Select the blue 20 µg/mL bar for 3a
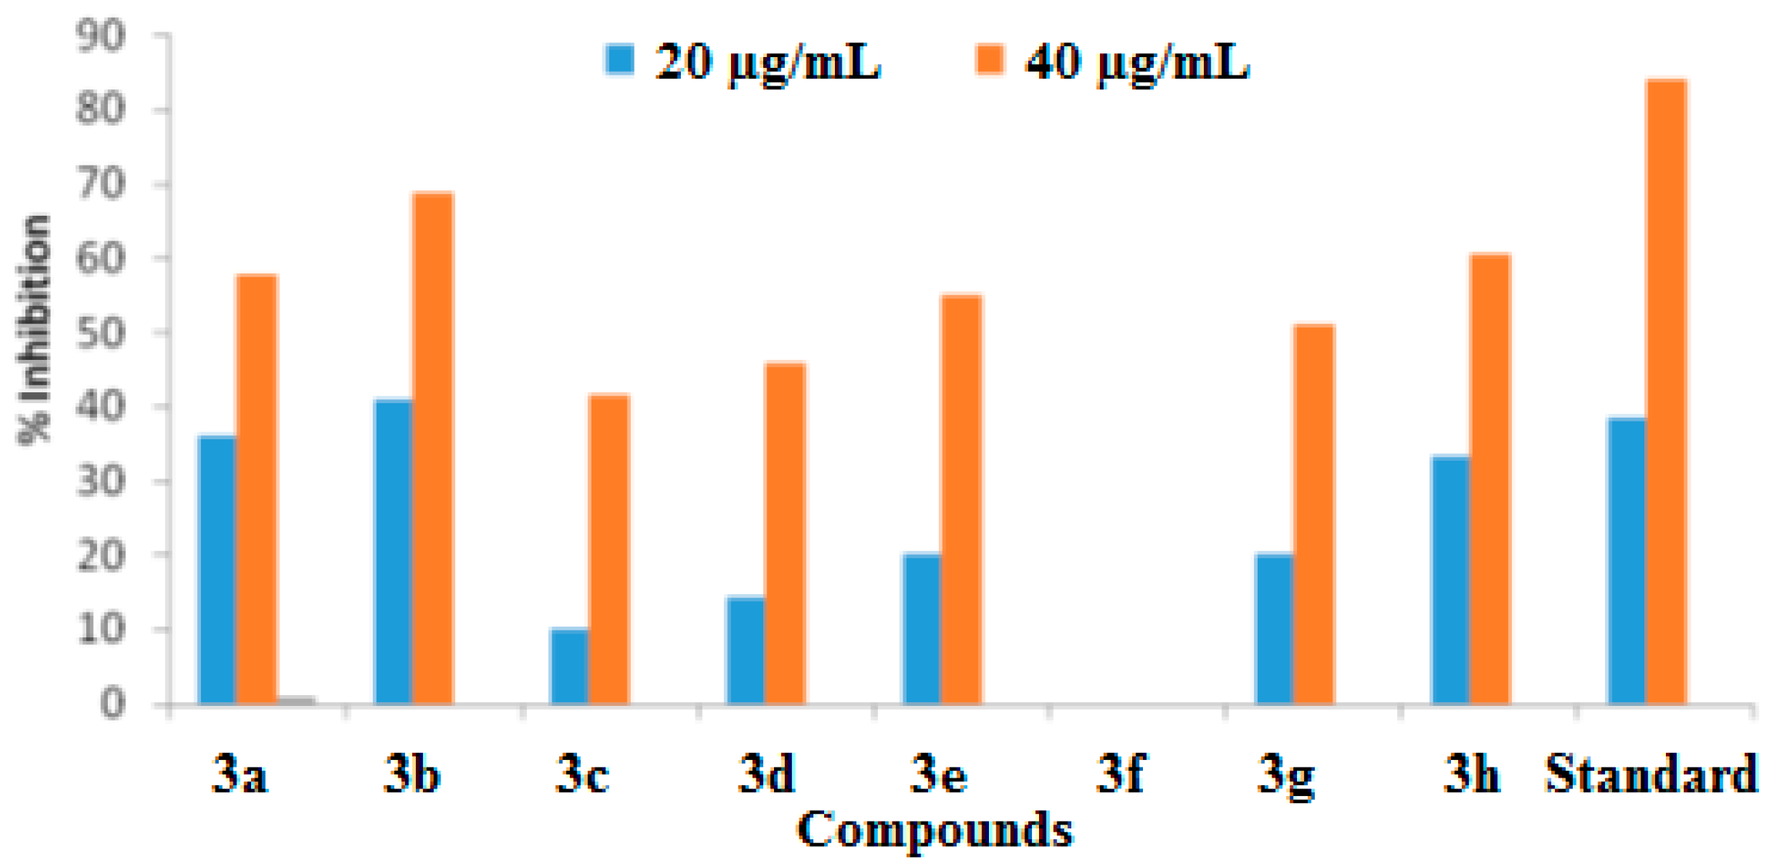pos(217,570)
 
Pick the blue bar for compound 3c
pos(569,667)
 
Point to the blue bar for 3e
pos(922,629)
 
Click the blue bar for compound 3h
pos(1451,580)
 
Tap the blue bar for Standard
pos(1627,561)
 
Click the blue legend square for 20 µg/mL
pos(619,59)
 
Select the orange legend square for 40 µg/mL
pos(990,59)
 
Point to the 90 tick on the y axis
pos(101,36)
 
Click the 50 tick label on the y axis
pos(101,333)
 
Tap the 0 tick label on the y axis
pos(112,704)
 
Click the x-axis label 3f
pos(1121,773)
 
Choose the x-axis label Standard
pos(1651,773)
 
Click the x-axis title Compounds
pos(934,830)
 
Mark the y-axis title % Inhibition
pos(35,330)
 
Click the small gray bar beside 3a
pos(297,701)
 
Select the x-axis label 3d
pos(766,773)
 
